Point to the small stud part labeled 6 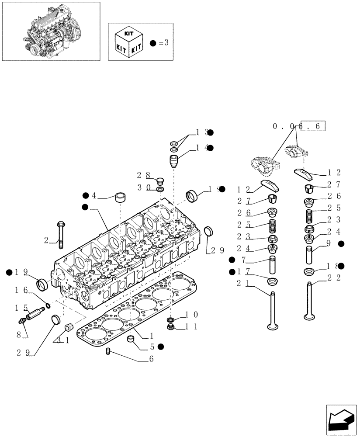[x=108, y=351]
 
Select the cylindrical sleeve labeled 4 [x=121, y=197]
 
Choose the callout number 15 [x=20, y=307]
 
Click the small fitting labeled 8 [x=21, y=322]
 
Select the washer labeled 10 [x=171, y=318]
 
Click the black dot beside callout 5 [x=161, y=347]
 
